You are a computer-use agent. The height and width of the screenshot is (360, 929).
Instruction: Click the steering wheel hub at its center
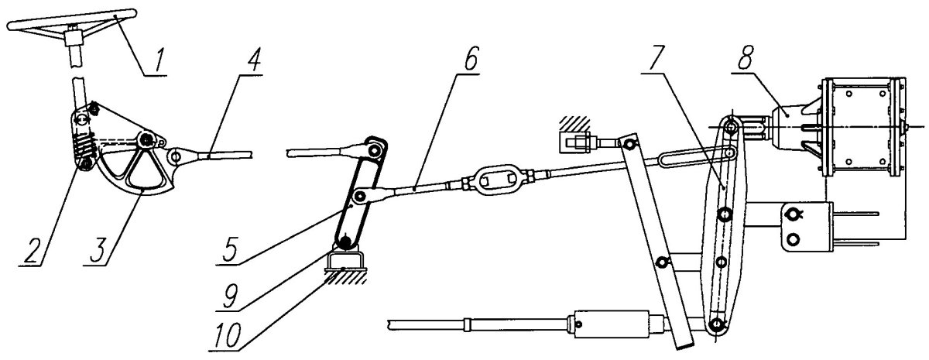coord(73,38)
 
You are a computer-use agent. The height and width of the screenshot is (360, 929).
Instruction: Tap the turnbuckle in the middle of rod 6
coord(498,180)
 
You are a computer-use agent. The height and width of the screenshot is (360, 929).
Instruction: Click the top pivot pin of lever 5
coord(374,149)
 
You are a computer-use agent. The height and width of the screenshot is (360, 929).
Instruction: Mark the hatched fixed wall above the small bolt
coord(574,123)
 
